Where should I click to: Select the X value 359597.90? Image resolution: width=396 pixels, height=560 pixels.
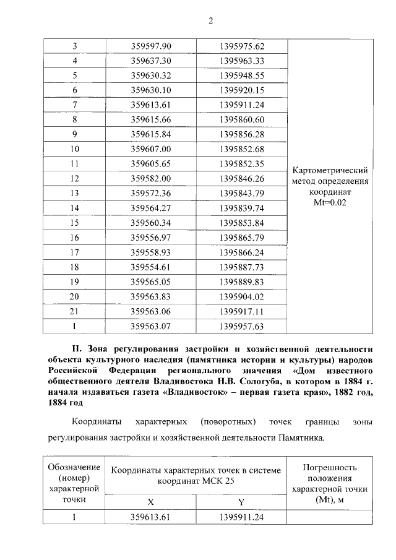pos(151,46)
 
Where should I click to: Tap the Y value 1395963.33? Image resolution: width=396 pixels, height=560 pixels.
pos(242,61)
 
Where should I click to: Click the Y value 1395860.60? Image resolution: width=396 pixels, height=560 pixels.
pos(242,119)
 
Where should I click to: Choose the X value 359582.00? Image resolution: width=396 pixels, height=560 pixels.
pos(151,178)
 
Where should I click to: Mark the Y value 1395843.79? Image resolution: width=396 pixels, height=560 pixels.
pos(242,193)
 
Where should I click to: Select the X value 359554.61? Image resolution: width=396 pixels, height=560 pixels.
pos(151,267)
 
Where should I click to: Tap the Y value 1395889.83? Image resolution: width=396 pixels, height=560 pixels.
pos(242,281)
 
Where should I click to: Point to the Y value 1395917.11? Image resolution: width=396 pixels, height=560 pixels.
pos(242,311)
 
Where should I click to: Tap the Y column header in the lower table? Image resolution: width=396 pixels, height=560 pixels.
pos(241,501)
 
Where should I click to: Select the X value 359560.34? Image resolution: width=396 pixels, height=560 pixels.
pos(151,222)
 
